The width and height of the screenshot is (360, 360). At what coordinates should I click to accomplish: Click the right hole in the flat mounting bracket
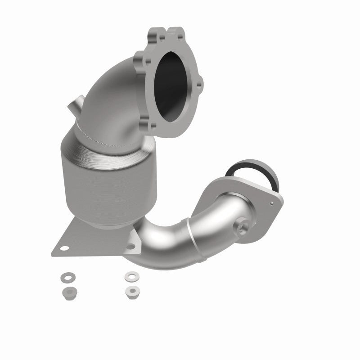[132, 246]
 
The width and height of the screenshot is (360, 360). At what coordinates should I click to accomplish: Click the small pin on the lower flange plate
[272, 203]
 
